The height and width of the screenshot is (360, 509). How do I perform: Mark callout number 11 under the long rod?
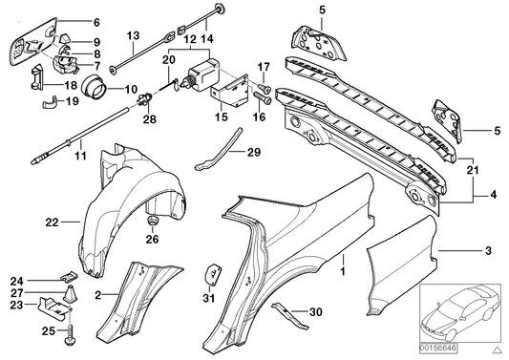[79, 156]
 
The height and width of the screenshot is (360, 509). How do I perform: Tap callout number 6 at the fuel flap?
[94, 21]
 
